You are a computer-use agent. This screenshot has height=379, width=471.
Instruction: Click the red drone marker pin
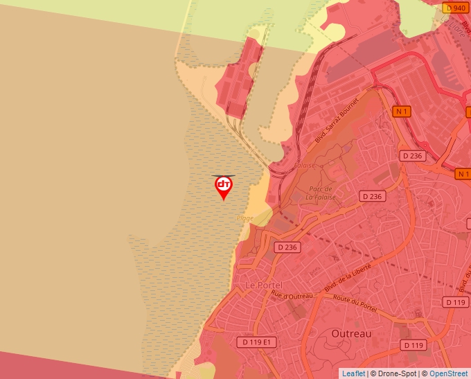(223, 186)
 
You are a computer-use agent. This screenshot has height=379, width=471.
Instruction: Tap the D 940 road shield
(456, 8)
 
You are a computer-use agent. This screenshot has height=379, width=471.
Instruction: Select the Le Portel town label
(262, 285)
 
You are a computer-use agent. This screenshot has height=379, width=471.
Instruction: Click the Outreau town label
(351, 333)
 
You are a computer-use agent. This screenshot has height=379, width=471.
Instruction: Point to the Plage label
(245, 218)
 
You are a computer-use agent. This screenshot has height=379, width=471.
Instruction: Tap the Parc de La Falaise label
(321, 193)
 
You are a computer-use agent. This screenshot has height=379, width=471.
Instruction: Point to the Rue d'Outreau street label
(292, 296)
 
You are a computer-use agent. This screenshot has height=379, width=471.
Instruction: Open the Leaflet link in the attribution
(353, 373)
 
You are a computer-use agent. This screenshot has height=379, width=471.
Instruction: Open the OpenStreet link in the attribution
(450, 373)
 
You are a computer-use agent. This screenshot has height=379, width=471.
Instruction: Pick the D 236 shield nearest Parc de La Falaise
(371, 197)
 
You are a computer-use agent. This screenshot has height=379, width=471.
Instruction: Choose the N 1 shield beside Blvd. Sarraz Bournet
(402, 111)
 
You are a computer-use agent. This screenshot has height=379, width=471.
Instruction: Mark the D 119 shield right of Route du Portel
(456, 302)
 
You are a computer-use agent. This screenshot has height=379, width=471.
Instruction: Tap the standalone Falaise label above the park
(304, 166)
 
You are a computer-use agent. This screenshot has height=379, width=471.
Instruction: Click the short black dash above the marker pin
(223, 176)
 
